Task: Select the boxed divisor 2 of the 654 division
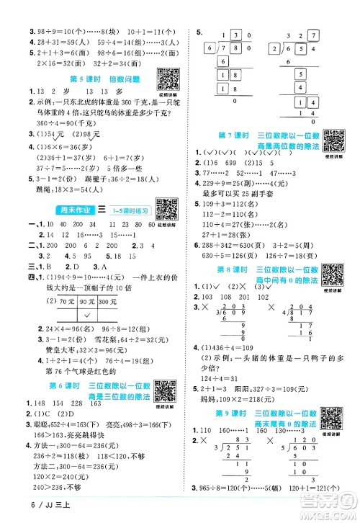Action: (276, 48)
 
